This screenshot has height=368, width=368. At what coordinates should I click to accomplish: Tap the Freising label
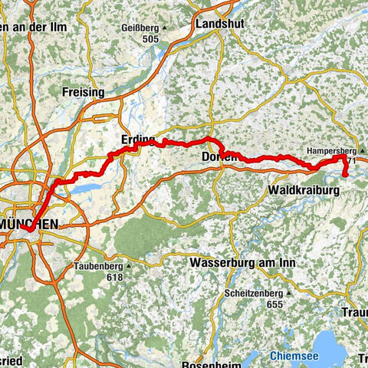tap(82, 92)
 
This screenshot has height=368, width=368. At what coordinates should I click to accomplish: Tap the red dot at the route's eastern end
tap(345, 175)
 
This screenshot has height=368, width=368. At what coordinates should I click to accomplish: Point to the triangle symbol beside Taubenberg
tap(130, 267)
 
